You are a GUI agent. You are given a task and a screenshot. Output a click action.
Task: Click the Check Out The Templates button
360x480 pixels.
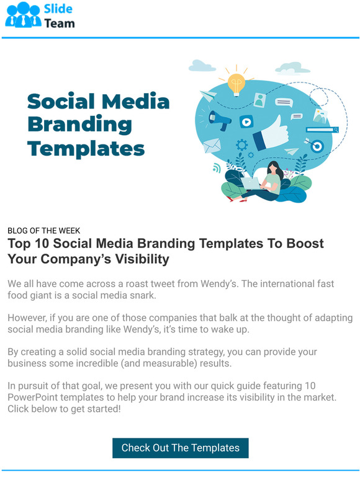(180, 448)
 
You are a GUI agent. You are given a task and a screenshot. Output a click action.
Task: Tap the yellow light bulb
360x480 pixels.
(236, 82)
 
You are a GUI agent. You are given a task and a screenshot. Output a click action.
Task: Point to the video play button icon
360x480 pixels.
(246, 122)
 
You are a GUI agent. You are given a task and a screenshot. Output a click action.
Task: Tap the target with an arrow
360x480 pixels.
(317, 146)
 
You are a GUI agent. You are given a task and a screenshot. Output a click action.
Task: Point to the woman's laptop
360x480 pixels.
(252, 183)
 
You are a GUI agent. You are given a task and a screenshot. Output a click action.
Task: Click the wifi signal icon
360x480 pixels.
(217, 167)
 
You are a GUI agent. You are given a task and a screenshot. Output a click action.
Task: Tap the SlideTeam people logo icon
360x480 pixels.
(23, 14)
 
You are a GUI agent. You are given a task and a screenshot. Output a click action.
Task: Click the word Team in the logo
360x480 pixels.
(59, 24)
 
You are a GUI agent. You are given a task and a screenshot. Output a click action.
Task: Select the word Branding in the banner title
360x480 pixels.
(79, 125)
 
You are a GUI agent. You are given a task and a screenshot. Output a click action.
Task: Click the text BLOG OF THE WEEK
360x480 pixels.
(43, 231)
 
